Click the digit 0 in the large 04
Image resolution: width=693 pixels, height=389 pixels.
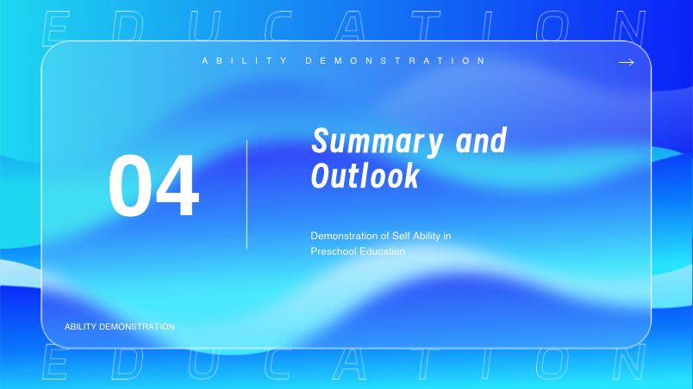[x=130, y=185]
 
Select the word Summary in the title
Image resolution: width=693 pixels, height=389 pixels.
[x=377, y=142]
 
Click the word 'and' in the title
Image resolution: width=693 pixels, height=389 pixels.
[x=481, y=140]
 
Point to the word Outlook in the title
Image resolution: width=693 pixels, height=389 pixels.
[x=365, y=175]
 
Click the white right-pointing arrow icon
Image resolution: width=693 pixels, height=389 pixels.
[x=627, y=63]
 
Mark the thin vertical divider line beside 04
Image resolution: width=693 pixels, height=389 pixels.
[x=247, y=194]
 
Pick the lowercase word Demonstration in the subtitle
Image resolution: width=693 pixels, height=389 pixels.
[x=344, y=236]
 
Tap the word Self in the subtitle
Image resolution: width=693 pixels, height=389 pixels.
[x=401, y=236]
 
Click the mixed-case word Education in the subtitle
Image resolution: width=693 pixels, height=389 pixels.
[x=383, y=251]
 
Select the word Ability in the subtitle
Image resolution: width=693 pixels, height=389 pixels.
[x=426, y=237]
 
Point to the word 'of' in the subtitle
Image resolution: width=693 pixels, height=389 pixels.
[x=384, y=236]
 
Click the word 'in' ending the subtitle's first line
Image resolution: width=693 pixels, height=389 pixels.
[x=446, y=236]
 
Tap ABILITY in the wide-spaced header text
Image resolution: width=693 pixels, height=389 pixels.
[x=245, y=60]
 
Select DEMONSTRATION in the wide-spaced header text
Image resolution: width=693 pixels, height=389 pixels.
[x=396, y=60]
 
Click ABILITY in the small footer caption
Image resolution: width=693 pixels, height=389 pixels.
[x=80, y=327]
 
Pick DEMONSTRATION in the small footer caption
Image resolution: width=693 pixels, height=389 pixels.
[x=137, y=327]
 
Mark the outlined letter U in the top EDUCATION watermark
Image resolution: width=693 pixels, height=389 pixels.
[x=203, y=27]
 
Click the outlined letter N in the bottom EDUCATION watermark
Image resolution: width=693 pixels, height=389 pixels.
[x=629, y=362]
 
